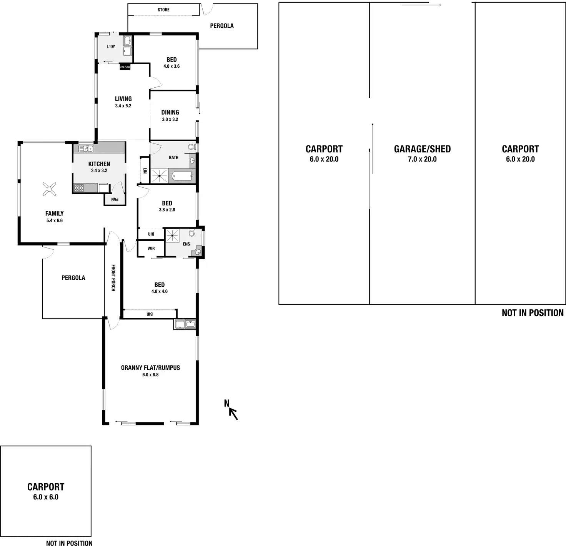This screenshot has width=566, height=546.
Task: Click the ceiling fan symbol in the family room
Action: [x=49, y=189]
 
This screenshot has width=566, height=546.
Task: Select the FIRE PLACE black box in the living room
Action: [x=125, y=67]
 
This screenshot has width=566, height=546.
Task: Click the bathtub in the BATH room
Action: [x=182, y=176]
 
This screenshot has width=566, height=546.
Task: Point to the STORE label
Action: [x=163, y=10]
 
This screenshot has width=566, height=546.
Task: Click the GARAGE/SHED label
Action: [x=422, y=149]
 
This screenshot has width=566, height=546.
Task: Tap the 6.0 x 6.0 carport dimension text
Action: [x=46, y=497]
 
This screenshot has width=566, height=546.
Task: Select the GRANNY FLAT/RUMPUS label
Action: [x=150, y=367]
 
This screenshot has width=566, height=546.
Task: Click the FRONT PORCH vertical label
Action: [x=113, y=278]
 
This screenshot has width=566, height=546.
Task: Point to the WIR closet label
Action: [x=151, y=249]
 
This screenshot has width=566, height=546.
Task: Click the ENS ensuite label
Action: [x=186, y=244]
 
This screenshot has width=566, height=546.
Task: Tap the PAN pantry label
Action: [x=115, y=199]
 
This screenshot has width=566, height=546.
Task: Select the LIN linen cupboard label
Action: [x=145, y=170]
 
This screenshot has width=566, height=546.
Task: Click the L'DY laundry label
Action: [x=111, y=47]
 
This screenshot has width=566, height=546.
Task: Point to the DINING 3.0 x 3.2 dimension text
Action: [x=170, y=119]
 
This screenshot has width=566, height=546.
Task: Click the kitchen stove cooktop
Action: [x=79, y=188]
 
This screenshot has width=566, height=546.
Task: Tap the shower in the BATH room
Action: [x=160, y=176]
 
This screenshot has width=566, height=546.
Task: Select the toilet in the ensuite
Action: [x=191, y=232]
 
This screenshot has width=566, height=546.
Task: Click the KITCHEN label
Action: [x=99, y=164]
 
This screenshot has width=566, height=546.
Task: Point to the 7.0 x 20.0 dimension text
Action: [x=422, y=159]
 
